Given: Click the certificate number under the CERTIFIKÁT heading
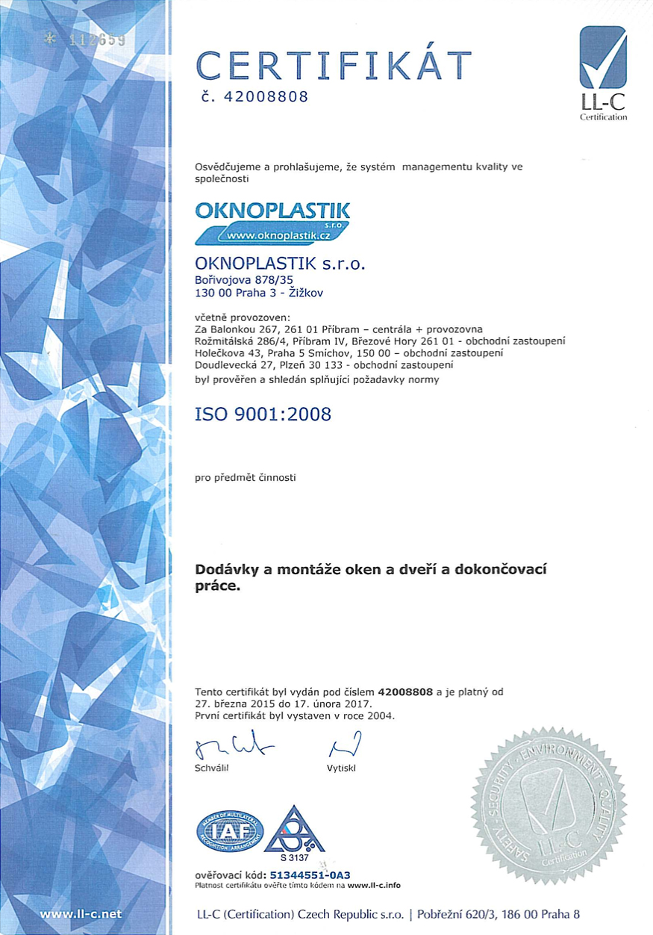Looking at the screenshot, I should pyautogui.click(x=254, y=98).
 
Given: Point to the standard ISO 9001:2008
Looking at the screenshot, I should pyautogui.click(x=262, y=414).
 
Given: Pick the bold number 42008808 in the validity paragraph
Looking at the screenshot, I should pyautogui.click(x=405, y=692).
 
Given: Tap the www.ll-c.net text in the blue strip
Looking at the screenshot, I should pyautogui.click(x=80, y=913).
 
